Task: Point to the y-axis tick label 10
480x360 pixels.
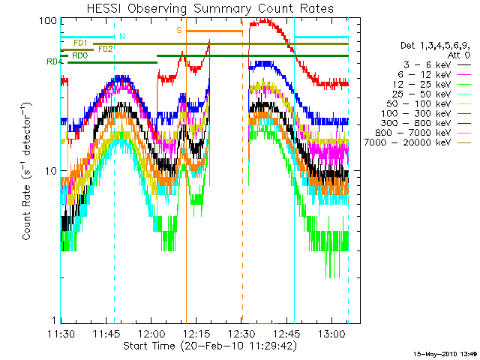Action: (51, 171)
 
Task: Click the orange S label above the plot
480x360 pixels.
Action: (179, 30)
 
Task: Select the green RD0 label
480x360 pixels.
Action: (80, 55)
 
